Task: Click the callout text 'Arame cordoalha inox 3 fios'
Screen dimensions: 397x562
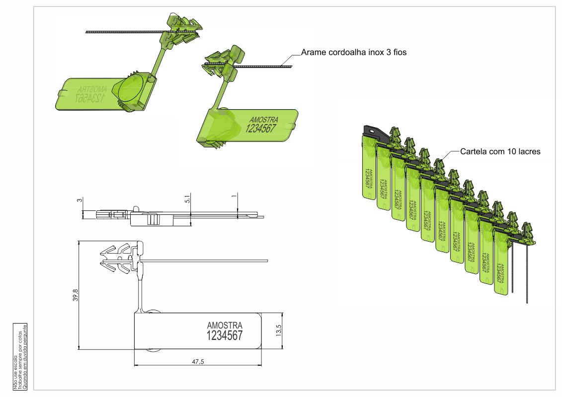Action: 354,52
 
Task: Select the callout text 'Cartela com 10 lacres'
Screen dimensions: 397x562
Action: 500,151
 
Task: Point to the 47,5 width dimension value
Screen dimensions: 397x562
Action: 197,361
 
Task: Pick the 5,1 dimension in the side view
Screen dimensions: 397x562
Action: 187,198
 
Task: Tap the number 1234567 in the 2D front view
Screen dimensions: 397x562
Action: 224,335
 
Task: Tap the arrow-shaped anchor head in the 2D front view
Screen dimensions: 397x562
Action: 116,258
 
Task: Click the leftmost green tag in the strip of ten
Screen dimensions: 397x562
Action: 367,169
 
